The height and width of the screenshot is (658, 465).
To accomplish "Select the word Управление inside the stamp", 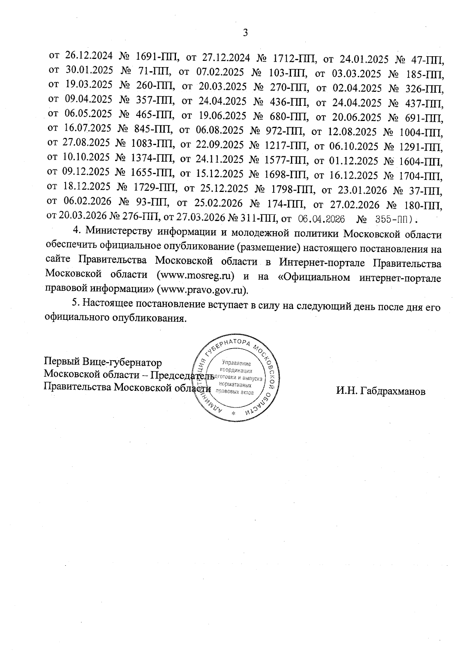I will coord(237,363).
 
